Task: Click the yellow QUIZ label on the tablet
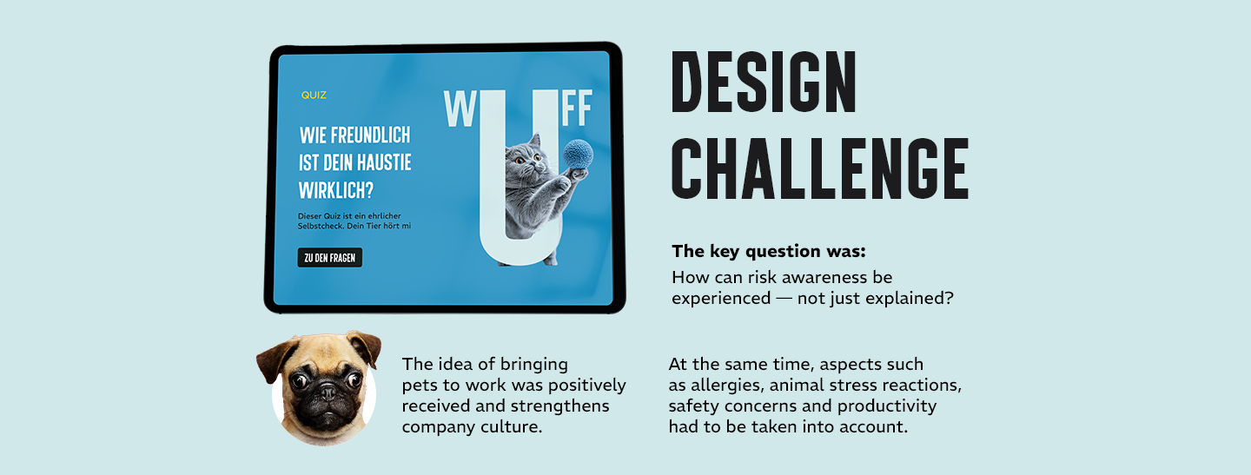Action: (314, 95)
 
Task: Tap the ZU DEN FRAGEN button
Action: (329, 257)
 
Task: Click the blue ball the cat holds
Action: (578, 154)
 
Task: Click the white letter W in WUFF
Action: (460, 109)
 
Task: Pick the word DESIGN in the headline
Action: (764, 82)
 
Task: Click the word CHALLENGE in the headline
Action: (820, 168)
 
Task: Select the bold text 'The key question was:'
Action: (769, 252)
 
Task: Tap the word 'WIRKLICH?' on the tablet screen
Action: (335, 191)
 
